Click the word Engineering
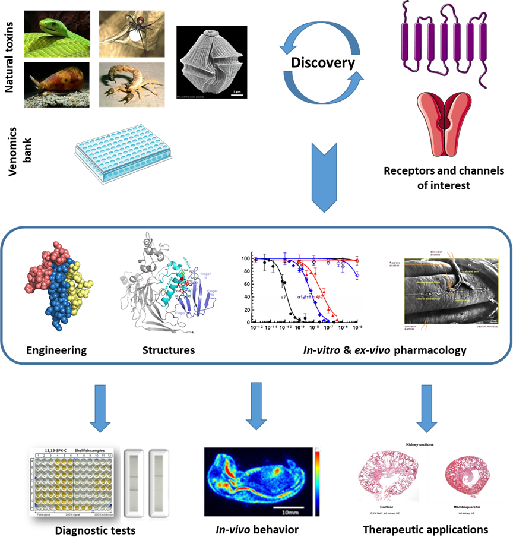click(56, 350)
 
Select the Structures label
click(169, 350)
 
